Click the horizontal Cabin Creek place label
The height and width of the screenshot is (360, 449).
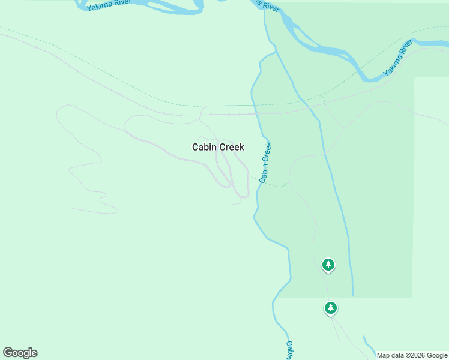(218, 147)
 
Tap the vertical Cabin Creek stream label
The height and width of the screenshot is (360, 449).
(265, 162)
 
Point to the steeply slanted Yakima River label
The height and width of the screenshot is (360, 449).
(399, 59)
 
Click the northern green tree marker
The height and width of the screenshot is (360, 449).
(328, 265)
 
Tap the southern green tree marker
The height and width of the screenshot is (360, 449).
(330, 308)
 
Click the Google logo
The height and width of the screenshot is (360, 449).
(20, 353)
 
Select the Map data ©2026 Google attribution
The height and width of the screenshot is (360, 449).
(412, 355)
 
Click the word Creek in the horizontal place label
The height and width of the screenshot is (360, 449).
(231, 147)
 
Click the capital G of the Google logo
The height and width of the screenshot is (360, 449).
(8, 353)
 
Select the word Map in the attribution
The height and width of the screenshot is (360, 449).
(384, 355)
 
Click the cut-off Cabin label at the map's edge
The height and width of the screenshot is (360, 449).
(289, 350)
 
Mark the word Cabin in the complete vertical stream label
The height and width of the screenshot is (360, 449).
(263, 173)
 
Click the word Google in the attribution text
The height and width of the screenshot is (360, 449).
(438, 355)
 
